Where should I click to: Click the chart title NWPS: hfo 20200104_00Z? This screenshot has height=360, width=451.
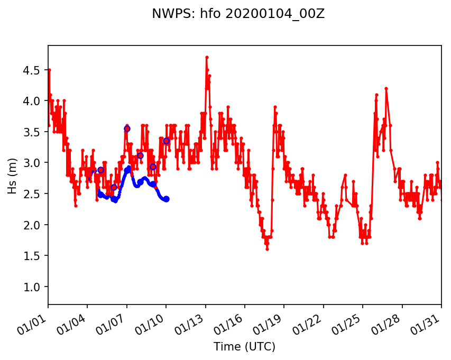pos(238,14)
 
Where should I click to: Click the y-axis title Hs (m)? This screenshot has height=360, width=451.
pos(13,175)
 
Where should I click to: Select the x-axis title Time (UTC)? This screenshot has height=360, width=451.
pos(244,347)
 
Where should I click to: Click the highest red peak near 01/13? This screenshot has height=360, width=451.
pos(207,57)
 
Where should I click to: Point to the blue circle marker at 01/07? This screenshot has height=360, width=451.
pos(127,128)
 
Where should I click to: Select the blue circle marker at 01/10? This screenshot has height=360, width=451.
pos(166,141)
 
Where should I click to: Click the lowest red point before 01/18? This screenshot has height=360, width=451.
pos(267,248)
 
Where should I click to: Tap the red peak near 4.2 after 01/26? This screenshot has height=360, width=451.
pos(386,88)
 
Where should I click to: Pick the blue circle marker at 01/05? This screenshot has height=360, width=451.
pos(100,170)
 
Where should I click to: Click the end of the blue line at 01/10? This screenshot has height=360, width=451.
pos(167,199)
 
